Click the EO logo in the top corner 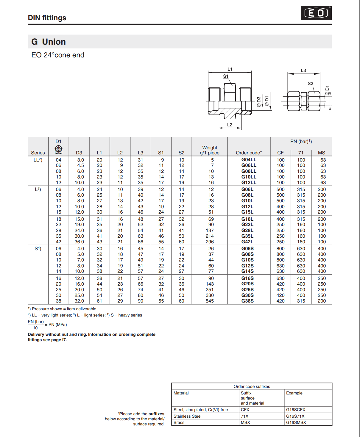coord(316,13)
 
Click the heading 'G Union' coord(49,42)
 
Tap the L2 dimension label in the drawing coord(230,125)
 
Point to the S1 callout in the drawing coord(226,76)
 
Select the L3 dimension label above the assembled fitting coord(303,71)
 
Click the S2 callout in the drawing coord(310,84)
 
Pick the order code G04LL coord(249,160)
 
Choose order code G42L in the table coord(247,242)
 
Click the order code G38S coord(247,301)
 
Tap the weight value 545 coord(210,301)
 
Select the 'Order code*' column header coord(249,153)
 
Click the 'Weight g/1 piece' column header coord(210,150)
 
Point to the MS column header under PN coord(321,153)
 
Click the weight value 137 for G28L coord(210,230)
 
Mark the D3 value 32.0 coord(79,301)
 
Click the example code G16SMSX coord(296,422)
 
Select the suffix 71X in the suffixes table coord(244,416)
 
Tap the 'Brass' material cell coord(179,422)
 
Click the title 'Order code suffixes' coord(252,386)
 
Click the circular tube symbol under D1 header coord(58,149)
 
